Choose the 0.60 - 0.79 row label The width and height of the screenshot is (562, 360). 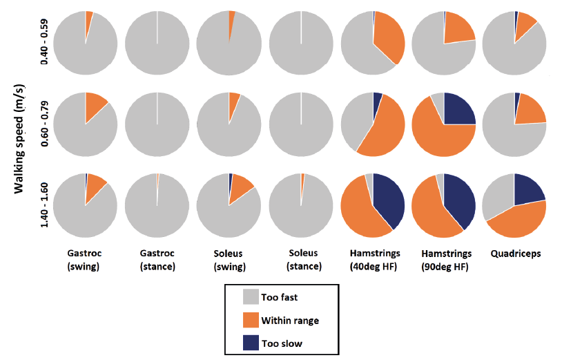coord(44,124)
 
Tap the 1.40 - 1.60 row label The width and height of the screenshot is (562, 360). coord(44,205)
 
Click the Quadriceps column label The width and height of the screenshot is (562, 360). coord(516,254)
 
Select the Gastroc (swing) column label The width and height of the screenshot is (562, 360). coord(85,260)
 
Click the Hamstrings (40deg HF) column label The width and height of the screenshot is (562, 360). coord(373,260)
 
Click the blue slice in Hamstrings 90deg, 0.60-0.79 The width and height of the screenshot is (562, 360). coord(459,109)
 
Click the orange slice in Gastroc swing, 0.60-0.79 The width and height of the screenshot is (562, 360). coord(95,108)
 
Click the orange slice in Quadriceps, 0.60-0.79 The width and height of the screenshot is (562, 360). coord(530,111)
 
